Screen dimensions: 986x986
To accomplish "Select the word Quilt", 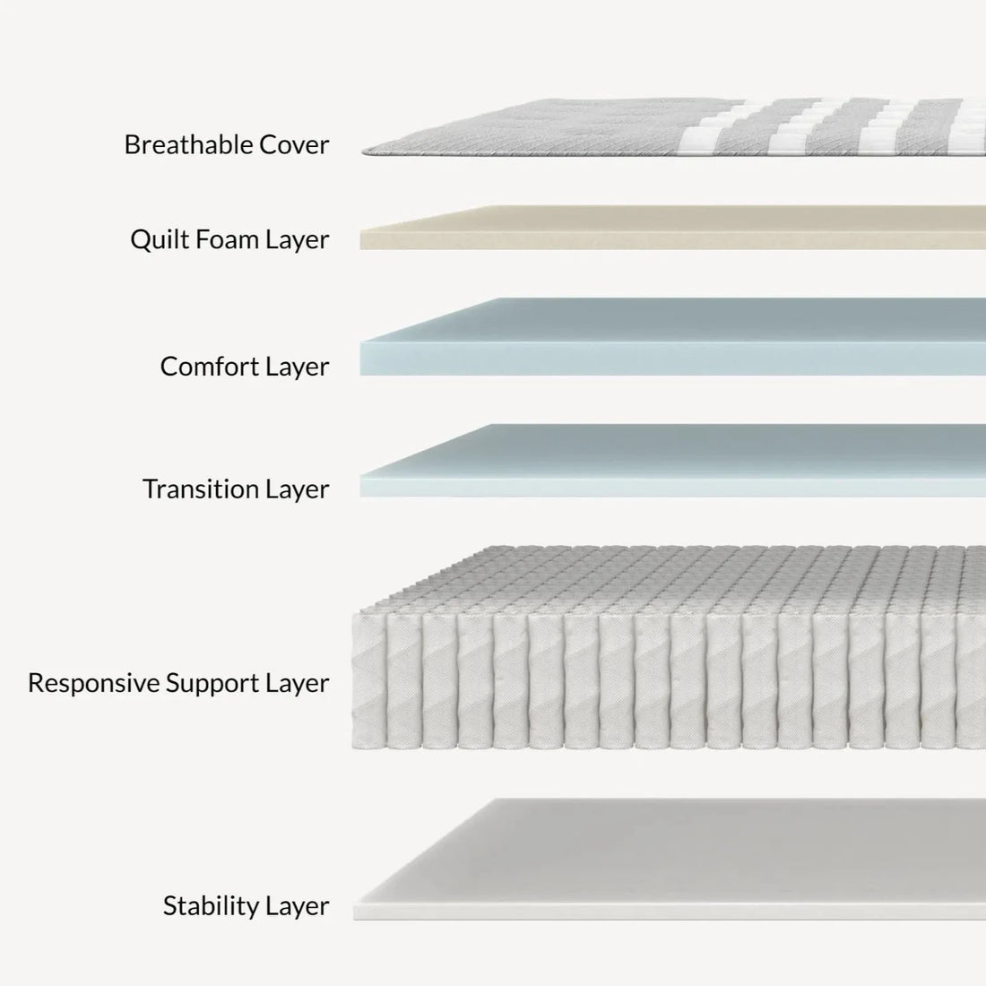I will tap(156, 239).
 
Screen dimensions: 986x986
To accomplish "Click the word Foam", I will tap(224, 239).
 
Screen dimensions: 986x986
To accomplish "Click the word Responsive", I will tap(93, 683).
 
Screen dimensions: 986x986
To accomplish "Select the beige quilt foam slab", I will tap(672, 229).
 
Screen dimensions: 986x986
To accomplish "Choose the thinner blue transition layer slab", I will tap(672, 462).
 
